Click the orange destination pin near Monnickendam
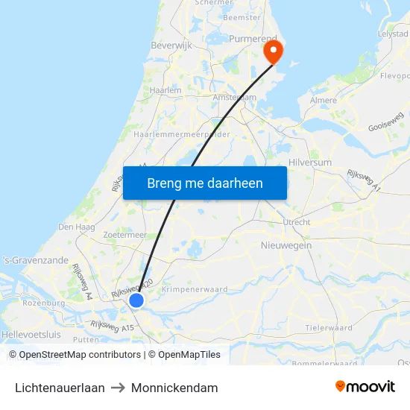tap(274, 51)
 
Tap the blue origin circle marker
tap(136, 300)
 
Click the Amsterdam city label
tap(234, 98)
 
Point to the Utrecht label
tap(297, 222)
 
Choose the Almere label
tap(323, 100)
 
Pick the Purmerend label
tap(253, 38)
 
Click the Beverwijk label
tap(172, 45)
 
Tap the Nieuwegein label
tap(286, 245)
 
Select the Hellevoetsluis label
tap(31, 335)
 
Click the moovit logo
tap(365, 387)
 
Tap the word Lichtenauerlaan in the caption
tap(60, 388)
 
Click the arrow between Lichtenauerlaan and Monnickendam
tap(118, 388)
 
